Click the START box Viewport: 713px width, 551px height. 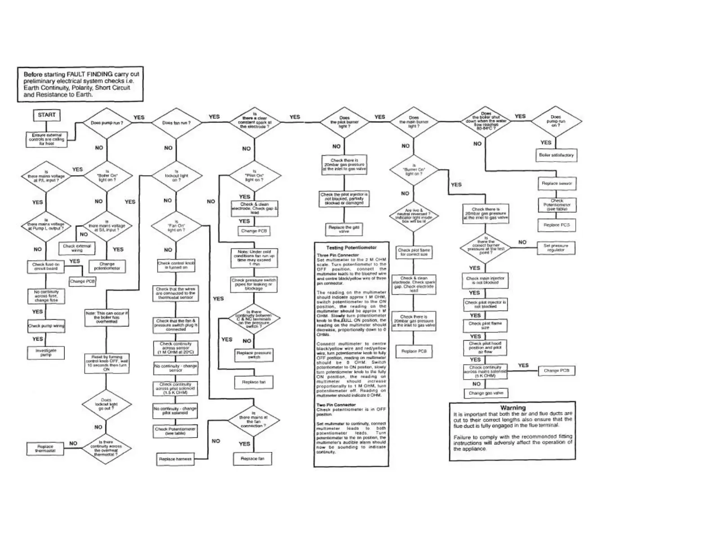click(x=46, y=115)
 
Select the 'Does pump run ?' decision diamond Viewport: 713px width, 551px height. click(x=107, y=123)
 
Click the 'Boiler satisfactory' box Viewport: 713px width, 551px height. click(x=556, y=155)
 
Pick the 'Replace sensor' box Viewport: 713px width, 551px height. click(x=557, y=184)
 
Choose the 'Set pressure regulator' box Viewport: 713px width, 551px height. click(x=556, y=248)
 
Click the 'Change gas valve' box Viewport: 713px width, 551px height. click(x=486, y=393)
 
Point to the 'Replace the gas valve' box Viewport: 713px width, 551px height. click(x=344, y=229)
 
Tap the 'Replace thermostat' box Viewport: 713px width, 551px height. click(x=46, y=448)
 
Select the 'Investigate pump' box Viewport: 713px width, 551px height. click(x=46, y=352)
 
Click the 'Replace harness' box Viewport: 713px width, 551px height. click(x=175, y=459)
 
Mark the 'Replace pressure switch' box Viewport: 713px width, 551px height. click(x=254, y=355)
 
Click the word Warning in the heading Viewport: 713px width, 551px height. click(x=513, y=408)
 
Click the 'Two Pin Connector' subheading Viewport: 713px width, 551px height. click(x=336, y=405)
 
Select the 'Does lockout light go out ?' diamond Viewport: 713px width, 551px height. click(x=106, y=404)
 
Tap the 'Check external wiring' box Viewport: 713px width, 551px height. click(x=77, y=248)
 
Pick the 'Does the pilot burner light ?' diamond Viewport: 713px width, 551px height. click(x=344, y=122)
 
